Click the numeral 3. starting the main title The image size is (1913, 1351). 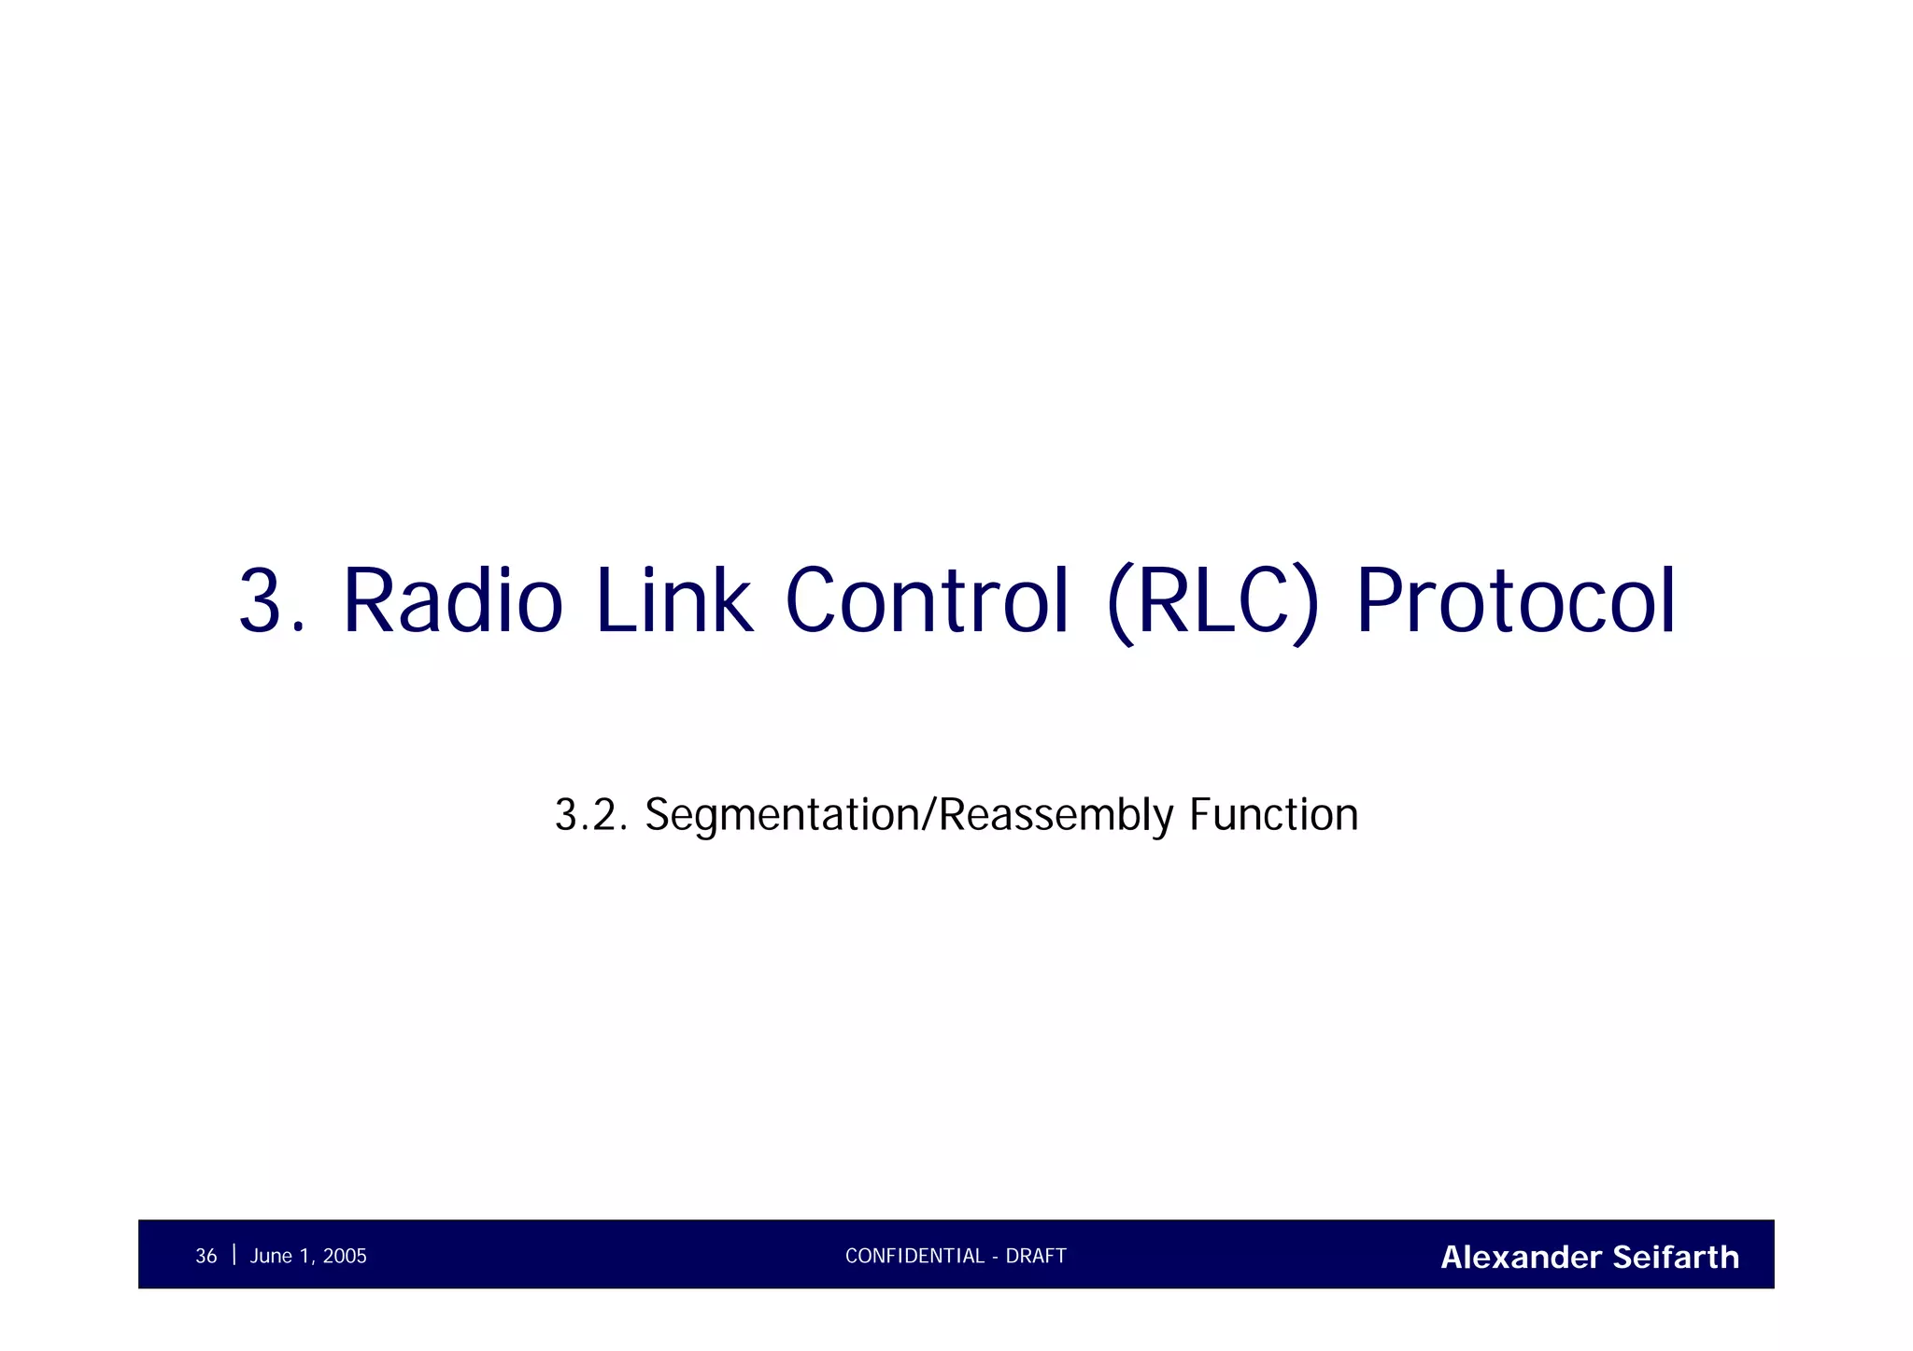click(x=271, y=601)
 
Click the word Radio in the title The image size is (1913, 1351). click(x=453, y=601)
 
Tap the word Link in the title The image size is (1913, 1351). click(x=673, y=601)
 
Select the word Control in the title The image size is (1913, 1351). click(x=927, y=601)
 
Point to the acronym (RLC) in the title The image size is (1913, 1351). click(x=1213, y=601)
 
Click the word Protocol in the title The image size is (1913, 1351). click(x=1516, y=601)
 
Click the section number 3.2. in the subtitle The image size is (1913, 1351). click(x=590, y=815)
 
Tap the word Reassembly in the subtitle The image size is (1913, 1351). click(x=1055, y=815)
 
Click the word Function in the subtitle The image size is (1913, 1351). click(x=1273, y=815)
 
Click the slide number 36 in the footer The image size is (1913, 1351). click(x=205, y=1257)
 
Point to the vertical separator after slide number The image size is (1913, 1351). click(x=234, y=1254)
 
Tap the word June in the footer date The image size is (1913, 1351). click(x=271, y=1257)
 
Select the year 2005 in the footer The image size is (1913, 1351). click(x=345, y=1257)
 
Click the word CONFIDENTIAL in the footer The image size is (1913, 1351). click(x=914, y=1257)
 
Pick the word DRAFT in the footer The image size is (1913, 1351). click(x=1036, y=1257)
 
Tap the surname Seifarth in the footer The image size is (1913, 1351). click(x=1676, y=1258)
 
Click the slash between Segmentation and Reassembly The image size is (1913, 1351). click(x=928, y=815)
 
